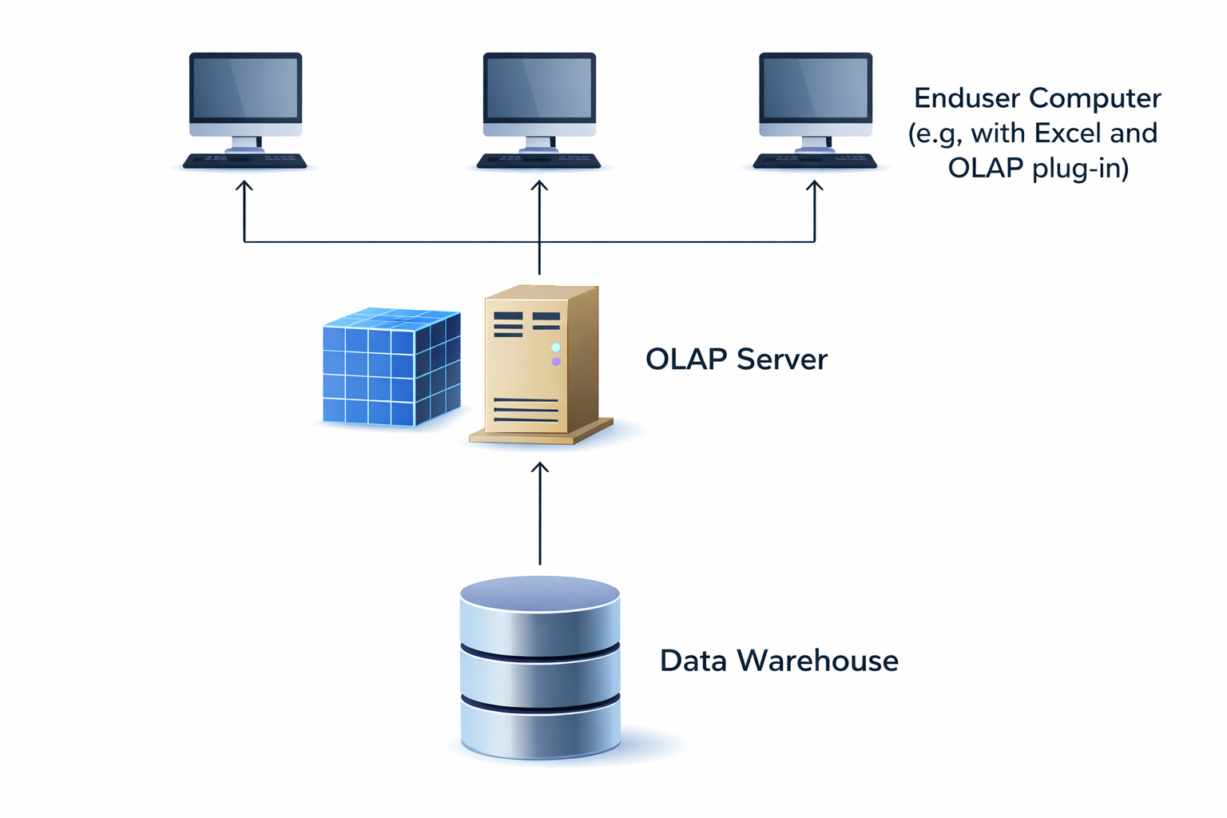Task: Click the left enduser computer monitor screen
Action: pyautogui.click(x=245, y=89)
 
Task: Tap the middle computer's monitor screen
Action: pyautogui.click(x=539, y=89)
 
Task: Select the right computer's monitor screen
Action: pyautogui.click(x=816, y=89)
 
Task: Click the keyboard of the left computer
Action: pyautogui.click(x=244, y=161)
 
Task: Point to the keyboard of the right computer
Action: pyautogui.click(x=815, y=161)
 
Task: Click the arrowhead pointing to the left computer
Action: pyautogui.click(x=244, y=186)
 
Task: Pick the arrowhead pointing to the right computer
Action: pyautogui.click(x=815, y=186)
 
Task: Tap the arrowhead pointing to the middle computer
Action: pyautogui.click(x=539, y=186)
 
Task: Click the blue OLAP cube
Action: pyautogui.click(x=391, y=367)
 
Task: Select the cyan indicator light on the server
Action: pyautogui.click(x=556, y=347)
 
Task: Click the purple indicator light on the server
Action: pyautogui.click(x=556, y=362)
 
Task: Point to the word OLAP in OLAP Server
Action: pyautogui.click(x=686, y=359)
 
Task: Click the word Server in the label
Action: pyautogui.click(x=782, y=359)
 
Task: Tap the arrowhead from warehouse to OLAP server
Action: pyautogui.click(x=540, y=468)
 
